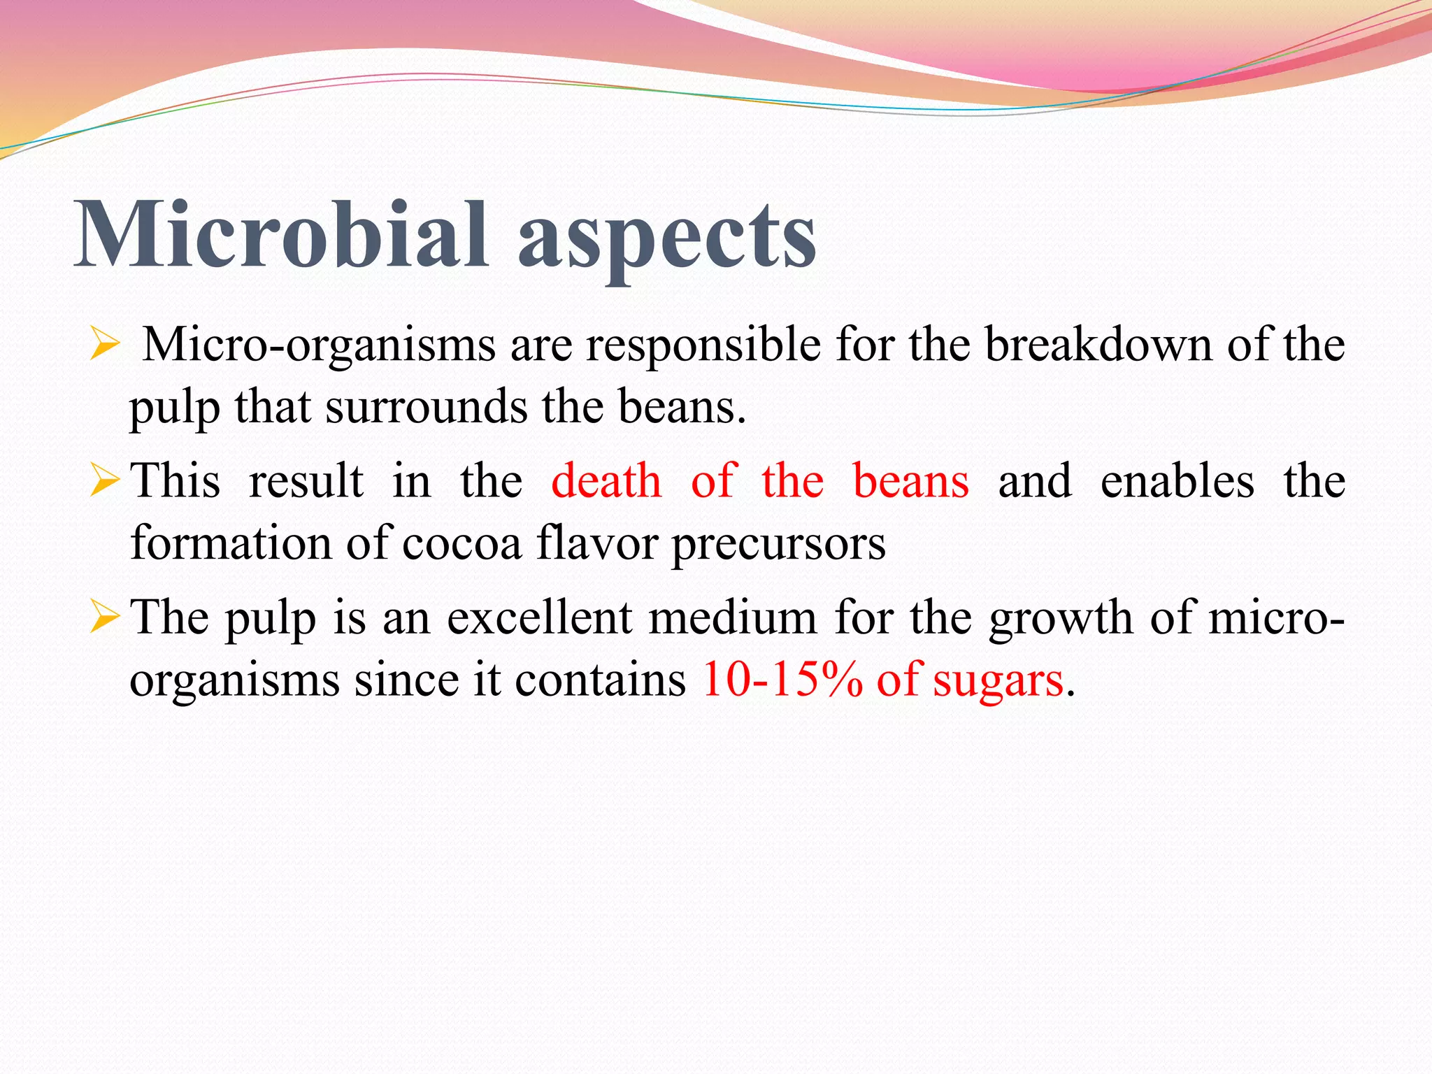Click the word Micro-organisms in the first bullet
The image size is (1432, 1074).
[319, 346]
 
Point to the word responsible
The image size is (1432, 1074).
[703, 346]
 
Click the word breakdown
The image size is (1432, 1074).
[1098, 345]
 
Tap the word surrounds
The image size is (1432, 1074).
[427, 407]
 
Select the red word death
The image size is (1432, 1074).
[606, 482]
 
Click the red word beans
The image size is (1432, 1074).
[911, 482]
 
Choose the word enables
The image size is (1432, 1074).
[1177, 482]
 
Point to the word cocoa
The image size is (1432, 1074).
[461, 544]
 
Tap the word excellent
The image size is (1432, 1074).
[539, 618]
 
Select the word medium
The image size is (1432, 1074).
[733, 618]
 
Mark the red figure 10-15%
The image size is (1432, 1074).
[782, 680]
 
